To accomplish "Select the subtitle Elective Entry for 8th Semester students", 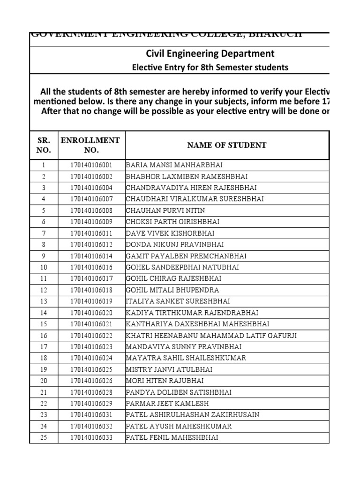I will point(210,67).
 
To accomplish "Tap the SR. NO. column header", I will point(44,145).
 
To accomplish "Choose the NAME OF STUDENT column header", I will point(227,145).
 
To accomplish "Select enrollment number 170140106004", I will point(91,188).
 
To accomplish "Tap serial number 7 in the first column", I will point(44,233).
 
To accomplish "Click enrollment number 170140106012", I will point(91,245).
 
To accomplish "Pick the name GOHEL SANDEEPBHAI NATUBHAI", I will point(182,267).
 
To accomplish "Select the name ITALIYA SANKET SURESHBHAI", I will point(178,301).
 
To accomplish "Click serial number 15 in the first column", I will point(44,324).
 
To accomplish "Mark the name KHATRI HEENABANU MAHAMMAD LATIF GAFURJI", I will point(211,336).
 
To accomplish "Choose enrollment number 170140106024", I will point(91,358).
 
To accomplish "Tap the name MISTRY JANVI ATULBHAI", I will point(169,369).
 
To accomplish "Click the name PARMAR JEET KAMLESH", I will point(167,404).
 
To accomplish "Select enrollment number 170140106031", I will point(91,415).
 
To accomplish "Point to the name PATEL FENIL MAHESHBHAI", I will point(172,438).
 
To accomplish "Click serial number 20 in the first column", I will point(44,381).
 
